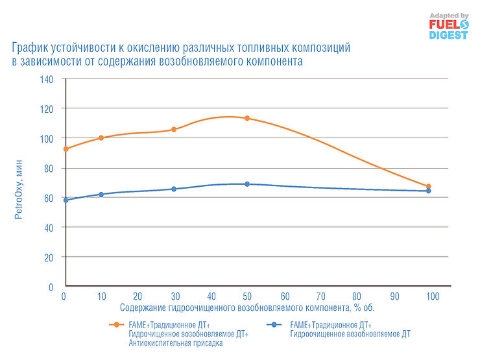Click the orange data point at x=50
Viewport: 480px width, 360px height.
click(x=247, y=118)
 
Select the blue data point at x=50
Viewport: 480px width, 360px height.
click(x=247, y=184)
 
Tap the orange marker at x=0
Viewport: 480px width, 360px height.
click(x=66, y=149)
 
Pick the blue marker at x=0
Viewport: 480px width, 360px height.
click(x=66, y=200)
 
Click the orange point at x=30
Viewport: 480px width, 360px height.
click(x=174, y=130)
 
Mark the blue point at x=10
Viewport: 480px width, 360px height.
click(x=101, y=195)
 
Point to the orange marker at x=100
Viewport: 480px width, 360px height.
click(x=428, y=187)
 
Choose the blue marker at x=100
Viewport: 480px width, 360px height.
click(x=428, y=191)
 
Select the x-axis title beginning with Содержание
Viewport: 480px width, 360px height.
click(x=247, y=307)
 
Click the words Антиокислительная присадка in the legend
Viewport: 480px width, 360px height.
click(x=175, y=343)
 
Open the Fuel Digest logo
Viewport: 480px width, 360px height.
click(x=448, y=26)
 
